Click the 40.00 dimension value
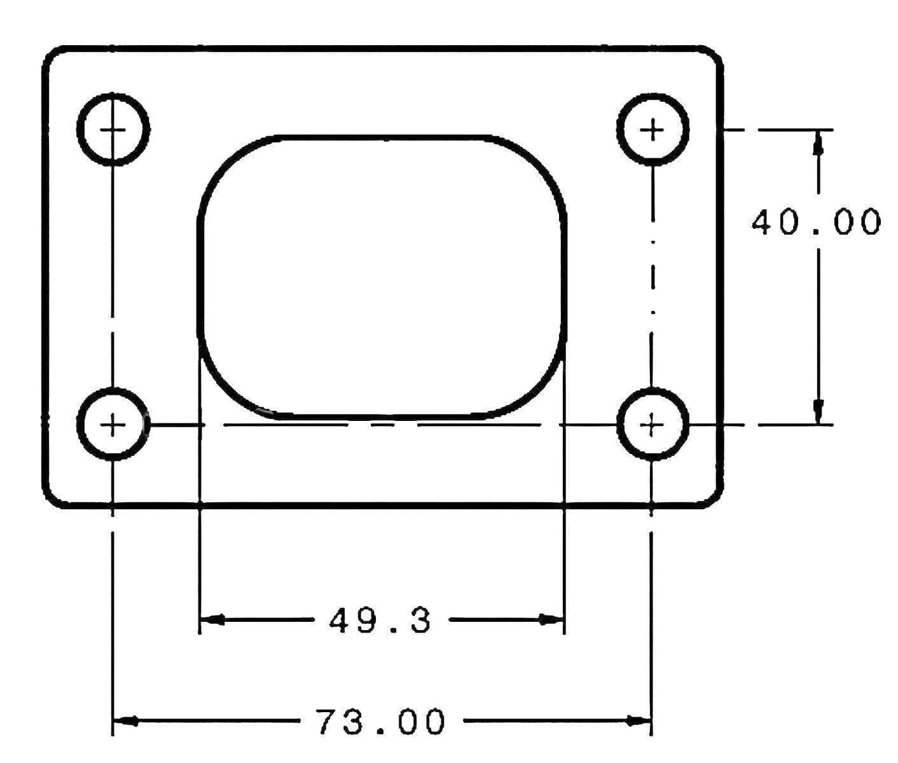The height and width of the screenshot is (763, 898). [816, 222]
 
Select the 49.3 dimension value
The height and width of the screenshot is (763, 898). [380, 620]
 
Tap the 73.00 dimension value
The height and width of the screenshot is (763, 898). [380, 722]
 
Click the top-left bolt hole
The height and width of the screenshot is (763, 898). [113, 129]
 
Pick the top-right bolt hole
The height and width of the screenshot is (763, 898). [653, 129]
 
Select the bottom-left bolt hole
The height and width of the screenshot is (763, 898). [113, 424]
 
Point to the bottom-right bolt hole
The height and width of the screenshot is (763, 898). [653, 424]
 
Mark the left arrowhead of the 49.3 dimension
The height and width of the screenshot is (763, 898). [212, 619]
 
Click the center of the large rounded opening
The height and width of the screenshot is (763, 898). [383, 277]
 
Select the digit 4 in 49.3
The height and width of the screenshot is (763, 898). [342, 620]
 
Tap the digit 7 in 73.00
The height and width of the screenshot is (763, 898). [330, 722]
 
